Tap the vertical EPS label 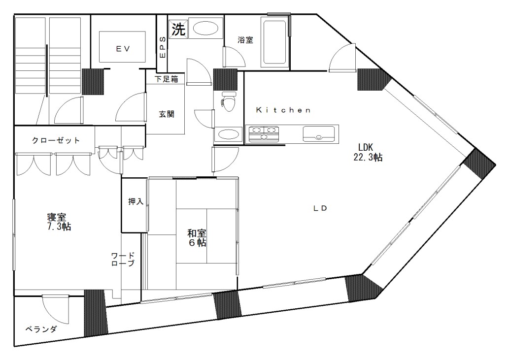coord(163,47)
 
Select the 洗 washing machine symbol coord(178,29)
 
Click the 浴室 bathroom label coord(245,40)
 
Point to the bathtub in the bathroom coord(274,42)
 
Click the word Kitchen coord(283,110)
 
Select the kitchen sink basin coord(318,134)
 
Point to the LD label coord(321,208)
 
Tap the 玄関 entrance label coord(166,114)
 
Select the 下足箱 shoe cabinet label coord(166,79)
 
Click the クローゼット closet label coord(56,140)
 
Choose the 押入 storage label coord(136,201)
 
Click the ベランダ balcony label coord(40,329)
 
